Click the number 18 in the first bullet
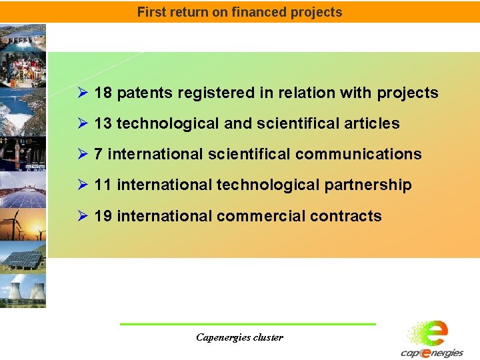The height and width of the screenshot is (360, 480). click(x=103, y=93)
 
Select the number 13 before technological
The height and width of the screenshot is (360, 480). click(x=103, y=123)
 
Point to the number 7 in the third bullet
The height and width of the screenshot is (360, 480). click(x=99, y=154)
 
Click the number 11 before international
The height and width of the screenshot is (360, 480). click(x=103, y=185)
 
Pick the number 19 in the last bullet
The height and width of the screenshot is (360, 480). click(x=103, y=216)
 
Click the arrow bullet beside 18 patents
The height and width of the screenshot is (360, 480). click(x=83, y=93)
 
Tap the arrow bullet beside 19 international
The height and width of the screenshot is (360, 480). click(x=83, y=216)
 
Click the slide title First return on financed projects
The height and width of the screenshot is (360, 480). click(x=239, y=12)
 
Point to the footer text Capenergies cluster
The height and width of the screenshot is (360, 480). click(x=239, y=337)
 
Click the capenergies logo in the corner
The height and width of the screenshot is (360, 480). click(x=432, y=340)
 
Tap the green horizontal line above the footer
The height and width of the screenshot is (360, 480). click(x=247, y=324)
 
